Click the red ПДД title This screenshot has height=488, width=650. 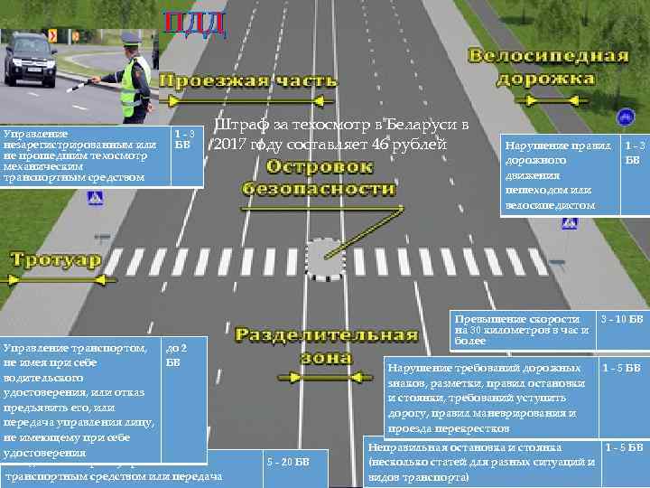tap(193, 23)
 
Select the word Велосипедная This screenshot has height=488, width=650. tap(548, 56)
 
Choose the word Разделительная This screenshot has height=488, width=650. tap(327, 335)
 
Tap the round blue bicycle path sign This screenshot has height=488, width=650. tap(624, 117)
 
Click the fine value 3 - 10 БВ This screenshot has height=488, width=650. tap(623, 320)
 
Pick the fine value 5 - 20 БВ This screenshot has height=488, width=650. tap(290, 463)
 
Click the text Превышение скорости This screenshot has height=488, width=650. tap(517, 320)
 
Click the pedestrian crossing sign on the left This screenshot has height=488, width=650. tap(93, 198)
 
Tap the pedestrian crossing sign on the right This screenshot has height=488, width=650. tap(570, 222)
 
